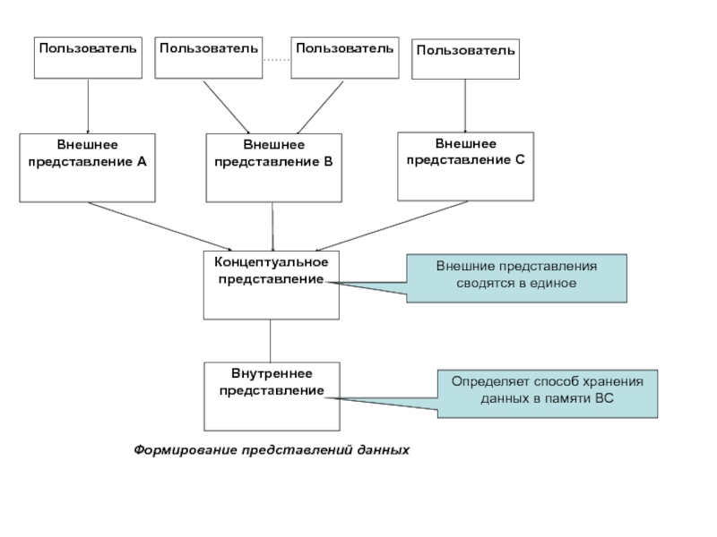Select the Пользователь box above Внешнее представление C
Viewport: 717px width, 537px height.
pyautogui.click(x=465, y=60)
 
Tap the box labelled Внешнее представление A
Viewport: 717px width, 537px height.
pyautogui.click(x=88, y=167)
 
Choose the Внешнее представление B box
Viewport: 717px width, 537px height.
pyautogui.click(x=273, y=167)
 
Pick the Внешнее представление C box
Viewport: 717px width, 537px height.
pyautogui.click(x=465, y=166)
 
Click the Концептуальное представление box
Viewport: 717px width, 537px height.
pyautogui.click(x=272, y=286)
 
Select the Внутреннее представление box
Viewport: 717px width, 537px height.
pyautogui.click(x=272, y=396)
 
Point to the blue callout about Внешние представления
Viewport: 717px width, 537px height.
pyautogui.click(x=516, y=277)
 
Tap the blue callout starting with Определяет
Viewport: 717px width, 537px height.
pyautogui.click(x=547, y=393)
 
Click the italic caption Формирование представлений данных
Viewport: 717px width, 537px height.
pyautogui.click(x=272, y=449)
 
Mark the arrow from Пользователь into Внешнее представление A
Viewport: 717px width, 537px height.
pyautogui.click(x=88, y=107)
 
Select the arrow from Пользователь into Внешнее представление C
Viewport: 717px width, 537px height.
pyautogui.click(x=465, y=106)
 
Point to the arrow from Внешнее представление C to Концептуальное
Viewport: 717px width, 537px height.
pyautogui.click(x=392, y=224)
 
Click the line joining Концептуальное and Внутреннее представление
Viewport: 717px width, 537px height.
pyautogui.click(x=271, y=341)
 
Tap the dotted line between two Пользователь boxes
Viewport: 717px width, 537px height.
pyautogui.click(x=276, y=59)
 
